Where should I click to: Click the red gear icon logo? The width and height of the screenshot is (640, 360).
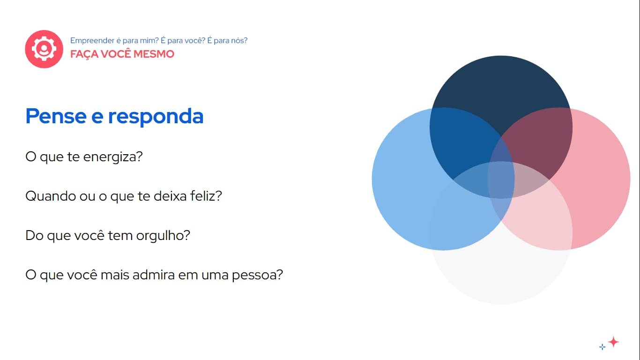coord(44,49)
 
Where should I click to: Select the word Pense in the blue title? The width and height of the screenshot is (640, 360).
coord(56,116)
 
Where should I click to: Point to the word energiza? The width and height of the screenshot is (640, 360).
coord(112,157)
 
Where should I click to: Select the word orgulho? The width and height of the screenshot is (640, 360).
coord(163,236)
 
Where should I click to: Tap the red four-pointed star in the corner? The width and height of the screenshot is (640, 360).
coord(613,342)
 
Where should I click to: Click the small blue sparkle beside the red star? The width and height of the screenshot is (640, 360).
coord(603,347)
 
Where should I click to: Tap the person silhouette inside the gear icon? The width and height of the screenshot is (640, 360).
coord(44,49)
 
